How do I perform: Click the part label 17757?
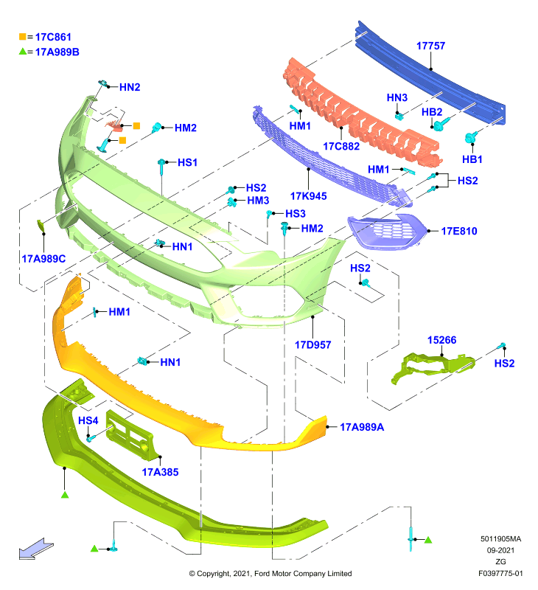[x=430, y=46]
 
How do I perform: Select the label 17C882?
[x=341, y=146]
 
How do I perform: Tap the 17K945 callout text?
[x=308, y=195]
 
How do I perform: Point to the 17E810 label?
[x=458, y=231]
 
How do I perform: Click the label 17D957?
[x=312, y=344]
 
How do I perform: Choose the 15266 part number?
[x=441, y=340]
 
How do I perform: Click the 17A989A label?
[x=362, y=427]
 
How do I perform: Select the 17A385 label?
[x=160, y=472]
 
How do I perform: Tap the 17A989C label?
[x=43, y=259]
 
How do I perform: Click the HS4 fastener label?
[x=88, y=420]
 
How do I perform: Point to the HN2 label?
[x=130, y=87]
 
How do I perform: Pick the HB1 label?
[x=472, y=159]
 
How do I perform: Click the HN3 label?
[x=397, y=98]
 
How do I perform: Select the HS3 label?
[x=296, y=214]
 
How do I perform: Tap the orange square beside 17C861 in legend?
[x=23, y=36]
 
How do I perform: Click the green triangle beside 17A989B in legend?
[x=23, y=51]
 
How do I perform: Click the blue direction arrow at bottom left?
[x=36, y=549]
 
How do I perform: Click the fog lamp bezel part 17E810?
[x=387, y=231]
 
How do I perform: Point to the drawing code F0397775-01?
[x=500, y=574]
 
